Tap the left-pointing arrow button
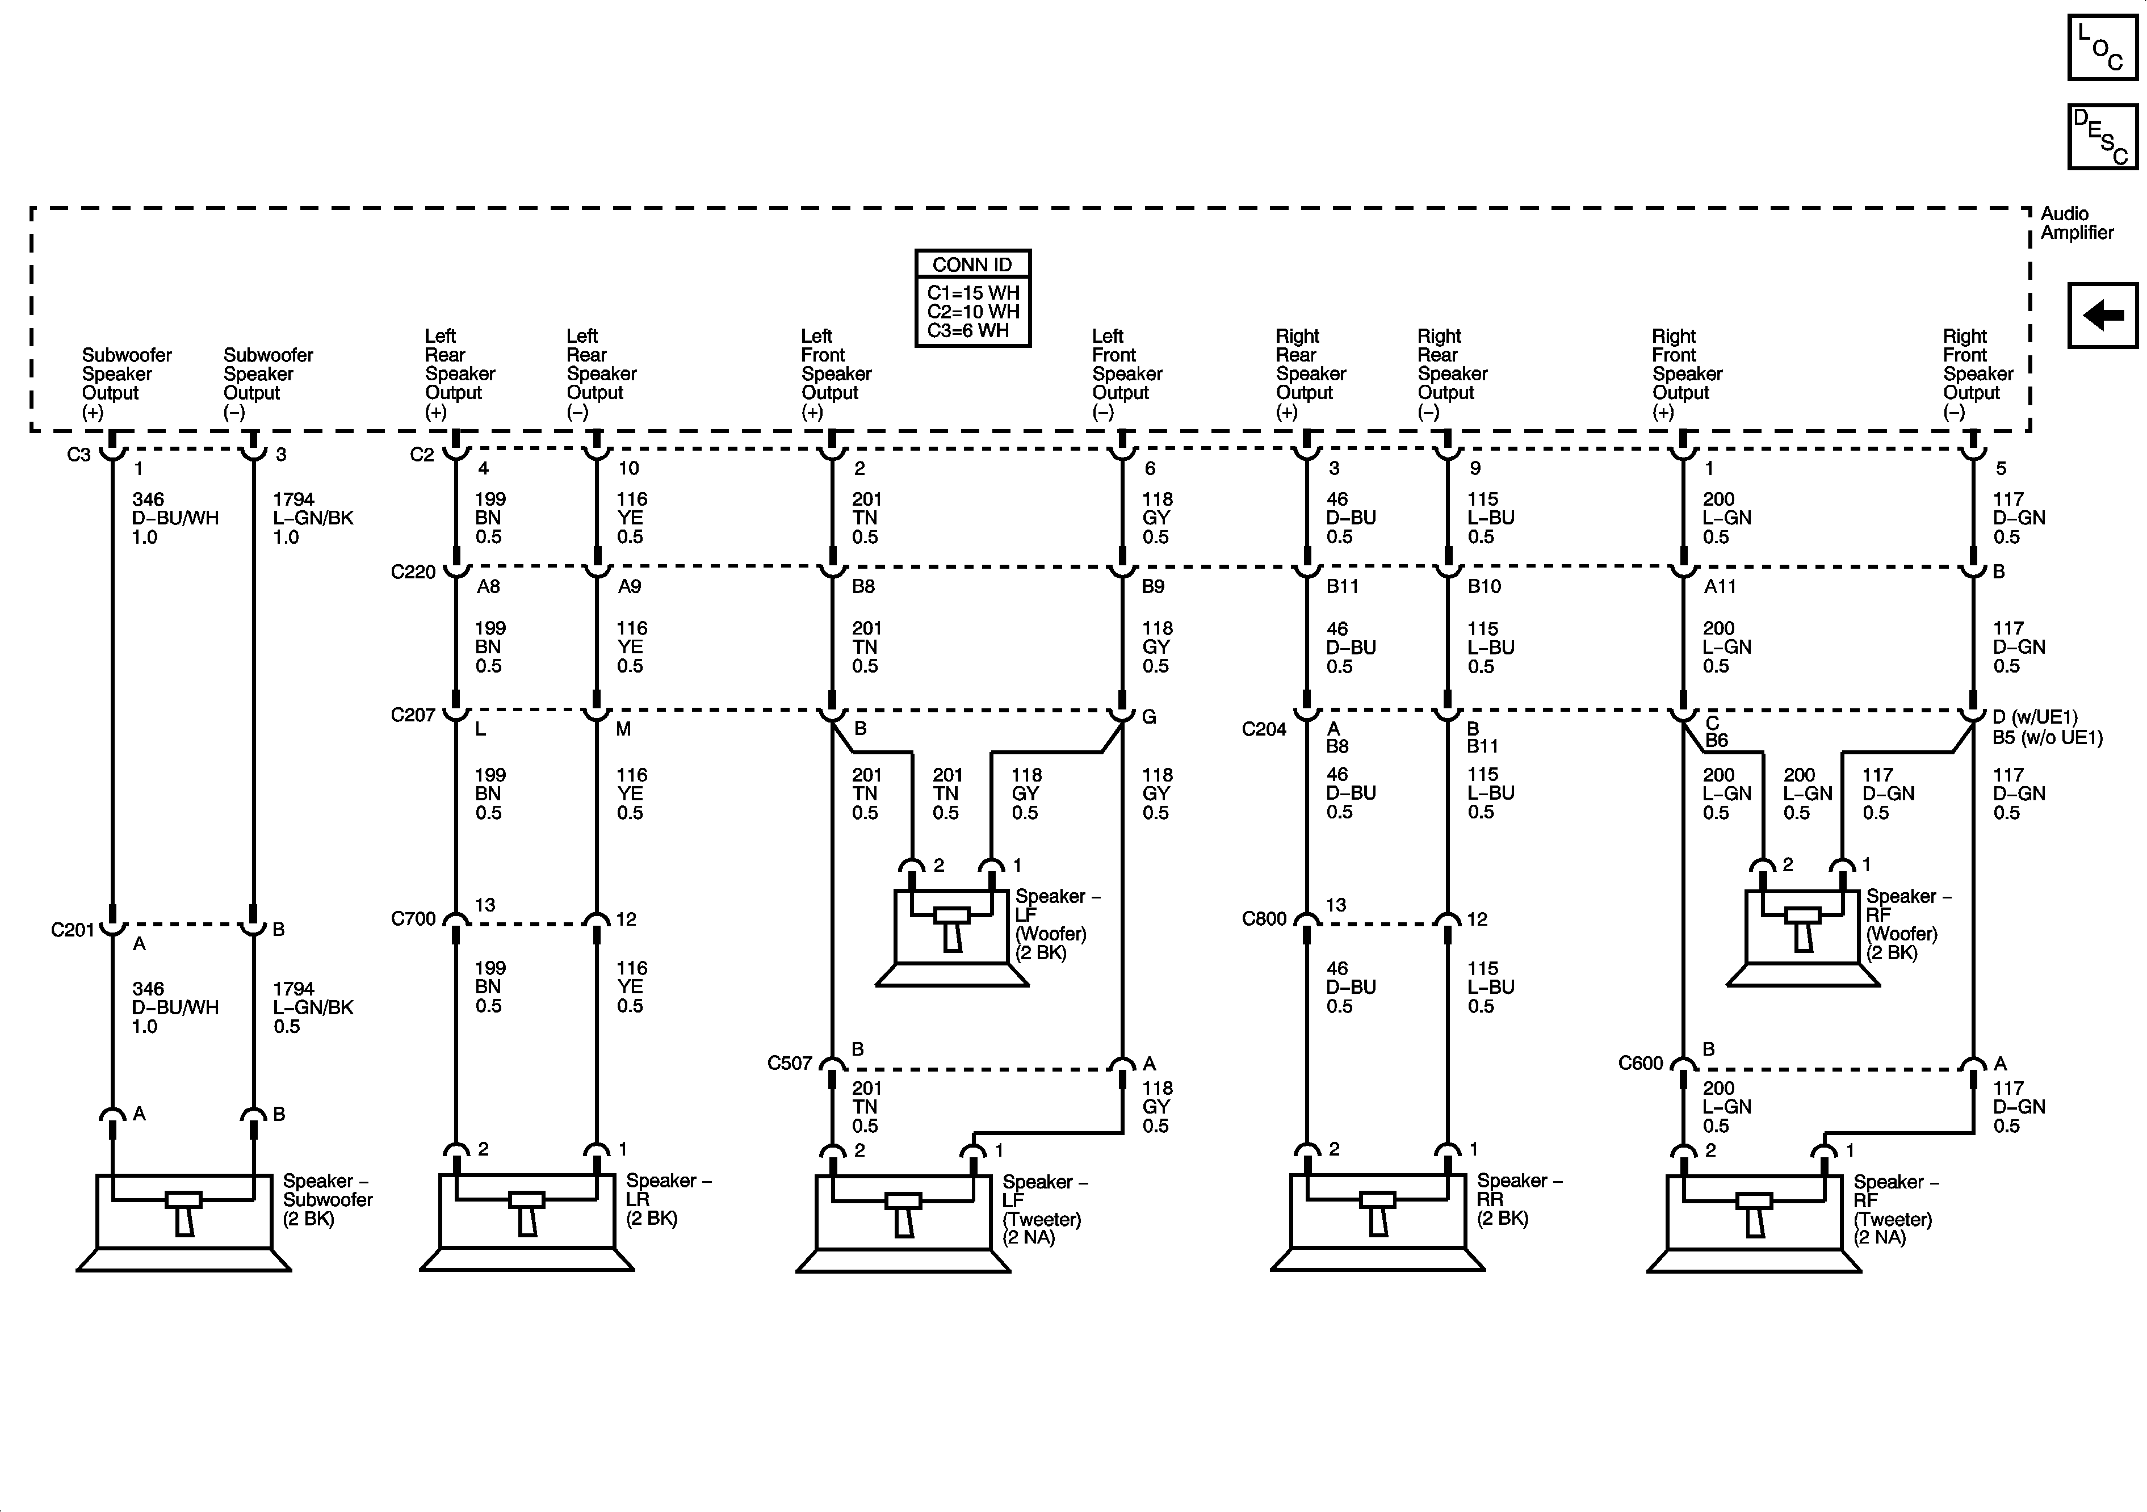tap(2102, 315)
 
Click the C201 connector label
tap(73, 930)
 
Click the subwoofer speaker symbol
tap(184, 1220)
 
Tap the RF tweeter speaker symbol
tap(1754, 1221)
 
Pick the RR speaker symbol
tap(1377, 1220)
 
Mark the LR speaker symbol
tap(526, 1220)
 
